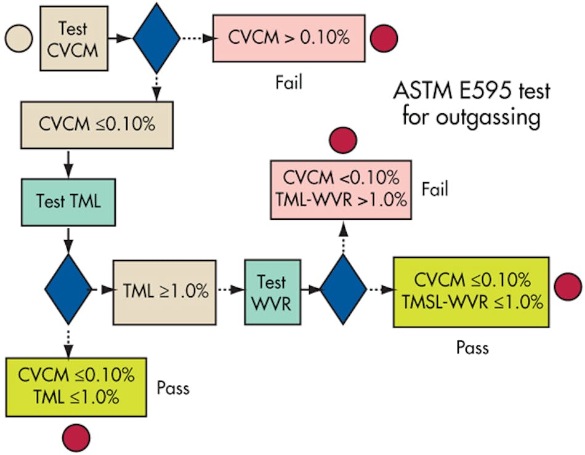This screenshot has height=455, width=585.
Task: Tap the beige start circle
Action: coord(18,38)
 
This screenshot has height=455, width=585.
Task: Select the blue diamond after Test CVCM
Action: coord(156,38)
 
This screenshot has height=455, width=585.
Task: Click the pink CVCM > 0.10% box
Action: coord(289,38)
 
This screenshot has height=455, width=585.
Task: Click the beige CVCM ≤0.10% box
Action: coord(97,123)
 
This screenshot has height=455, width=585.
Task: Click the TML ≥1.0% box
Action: coord(164,292)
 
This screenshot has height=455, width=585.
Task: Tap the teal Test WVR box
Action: coord(272,291)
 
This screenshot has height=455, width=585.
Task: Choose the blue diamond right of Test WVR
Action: coord(343,289)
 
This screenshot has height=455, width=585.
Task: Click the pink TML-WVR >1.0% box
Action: coord(341,188)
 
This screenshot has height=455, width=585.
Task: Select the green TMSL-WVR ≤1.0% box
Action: coord(471,291)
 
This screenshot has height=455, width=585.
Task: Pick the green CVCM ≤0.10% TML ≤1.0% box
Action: coord(76,387)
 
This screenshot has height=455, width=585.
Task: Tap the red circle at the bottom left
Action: coord(76,438)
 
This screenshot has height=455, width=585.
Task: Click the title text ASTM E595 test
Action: coord(471,92)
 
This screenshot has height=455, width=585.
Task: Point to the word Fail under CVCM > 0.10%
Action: coord(289,82)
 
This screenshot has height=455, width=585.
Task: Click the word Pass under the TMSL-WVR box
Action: coord(472,348)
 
